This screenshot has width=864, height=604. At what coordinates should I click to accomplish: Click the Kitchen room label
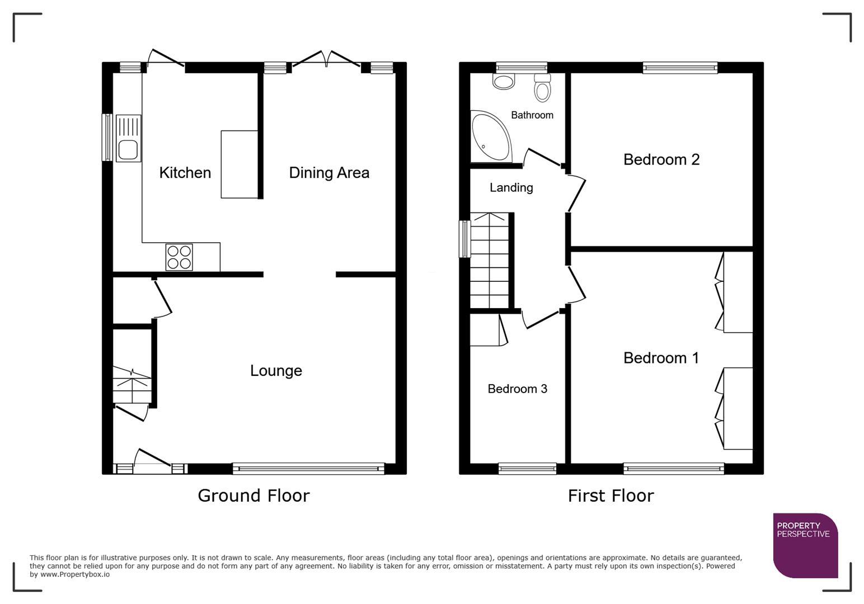185,173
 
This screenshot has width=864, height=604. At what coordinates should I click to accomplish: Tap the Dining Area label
329,173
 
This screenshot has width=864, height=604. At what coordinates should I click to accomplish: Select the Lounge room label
276,371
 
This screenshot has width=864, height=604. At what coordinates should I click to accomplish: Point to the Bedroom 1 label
661,358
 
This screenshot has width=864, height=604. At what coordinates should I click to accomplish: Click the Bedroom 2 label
661,160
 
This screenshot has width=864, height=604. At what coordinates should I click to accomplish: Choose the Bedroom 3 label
517,389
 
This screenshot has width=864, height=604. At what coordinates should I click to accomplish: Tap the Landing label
511,188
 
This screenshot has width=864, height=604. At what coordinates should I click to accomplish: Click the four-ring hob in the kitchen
179,257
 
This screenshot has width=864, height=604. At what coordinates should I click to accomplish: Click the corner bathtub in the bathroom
489,136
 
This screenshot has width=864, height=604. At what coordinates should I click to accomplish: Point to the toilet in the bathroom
542,88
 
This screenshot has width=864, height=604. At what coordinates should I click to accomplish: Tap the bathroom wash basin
504,82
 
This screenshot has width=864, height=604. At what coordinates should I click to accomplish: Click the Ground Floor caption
253,496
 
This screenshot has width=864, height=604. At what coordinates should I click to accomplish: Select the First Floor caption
611,496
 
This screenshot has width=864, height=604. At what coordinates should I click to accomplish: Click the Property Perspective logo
805,545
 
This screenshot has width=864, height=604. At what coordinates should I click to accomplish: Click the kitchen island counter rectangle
240,164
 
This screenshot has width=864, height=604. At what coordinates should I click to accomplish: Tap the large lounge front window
308,469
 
